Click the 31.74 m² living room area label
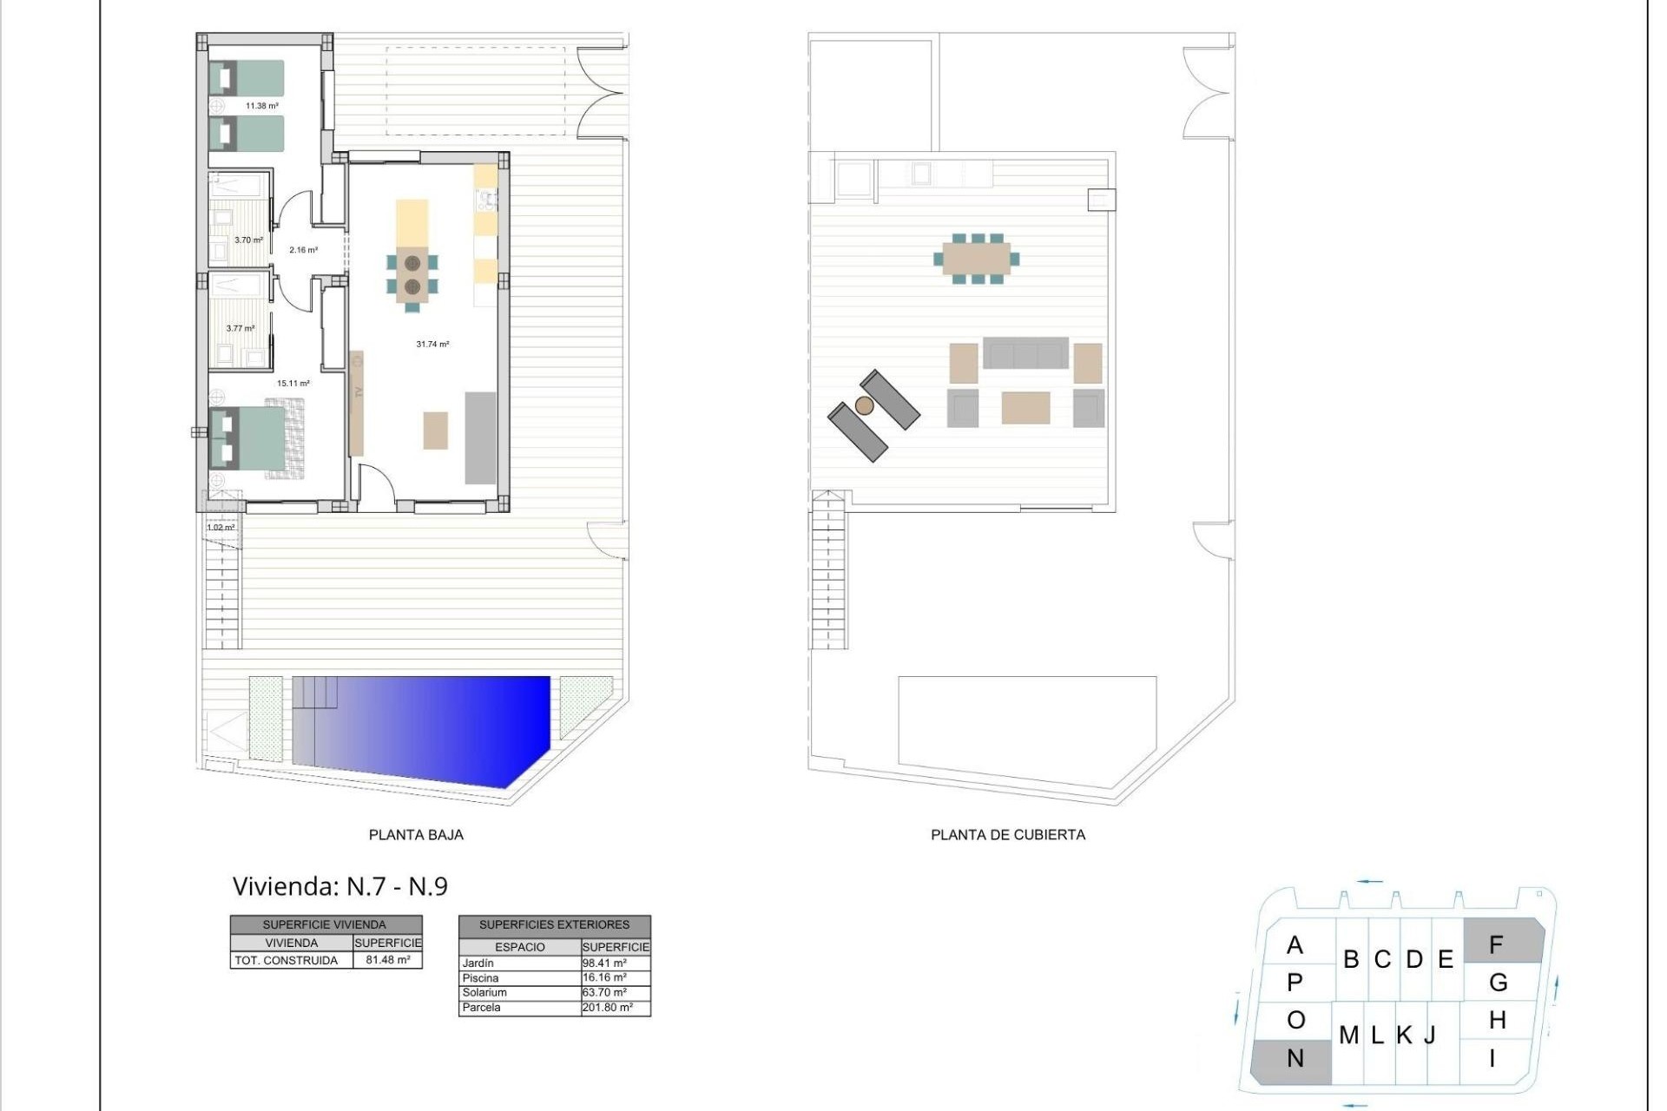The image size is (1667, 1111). [x=432, y=345]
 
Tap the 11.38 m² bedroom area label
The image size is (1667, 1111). [x=261, y=106]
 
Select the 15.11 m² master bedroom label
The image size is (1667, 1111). [x=293, y=383]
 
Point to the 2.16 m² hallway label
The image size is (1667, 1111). [x=303, y=250]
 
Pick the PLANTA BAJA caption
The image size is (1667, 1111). [x=416, y=835]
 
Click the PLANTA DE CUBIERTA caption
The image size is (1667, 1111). [x=1008, y=835]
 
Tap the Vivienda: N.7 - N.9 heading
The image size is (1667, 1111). [x=340, y=886]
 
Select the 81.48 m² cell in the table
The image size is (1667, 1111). [x=387, y=960]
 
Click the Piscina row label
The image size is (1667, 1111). [x=480, y=978]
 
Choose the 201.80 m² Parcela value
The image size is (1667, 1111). [x=607, y=1008]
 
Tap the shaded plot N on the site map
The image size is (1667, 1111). [x=1293, y=1059]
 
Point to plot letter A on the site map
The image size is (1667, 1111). [x=1295, y=944]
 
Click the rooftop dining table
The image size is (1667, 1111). [x=977, y=259]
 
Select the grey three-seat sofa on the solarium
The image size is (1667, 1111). [x=1025, y=353]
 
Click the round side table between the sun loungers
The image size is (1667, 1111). [x=864, y=405]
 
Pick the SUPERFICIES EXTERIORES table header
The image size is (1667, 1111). [x=554, y=925]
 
